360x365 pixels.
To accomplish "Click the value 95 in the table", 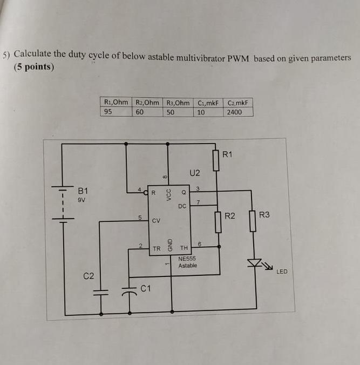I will [108, 112].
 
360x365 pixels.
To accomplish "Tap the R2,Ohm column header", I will [147, 103].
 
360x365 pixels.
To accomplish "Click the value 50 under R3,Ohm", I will [171, 112].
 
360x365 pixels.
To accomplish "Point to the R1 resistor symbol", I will [216, 160].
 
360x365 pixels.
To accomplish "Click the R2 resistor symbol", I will [219, 222].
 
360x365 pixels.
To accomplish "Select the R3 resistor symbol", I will [252, 221].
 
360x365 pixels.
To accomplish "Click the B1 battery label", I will [83, 191].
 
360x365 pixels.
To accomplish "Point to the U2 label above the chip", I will [195, 173].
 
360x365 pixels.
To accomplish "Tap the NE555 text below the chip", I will [187, 259].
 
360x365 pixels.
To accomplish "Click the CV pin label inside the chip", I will [156, 221].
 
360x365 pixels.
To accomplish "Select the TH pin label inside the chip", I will [184, 248].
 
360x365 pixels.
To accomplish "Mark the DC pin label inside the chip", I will [182, 206].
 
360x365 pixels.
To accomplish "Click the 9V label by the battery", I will [82, 199].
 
